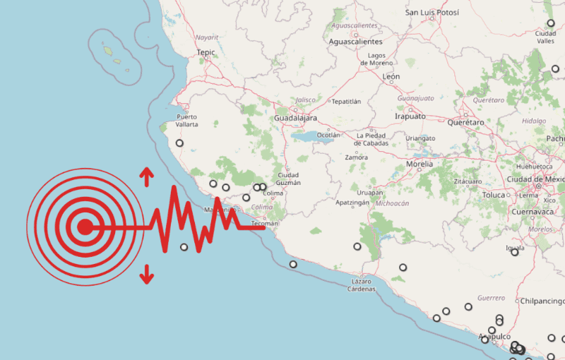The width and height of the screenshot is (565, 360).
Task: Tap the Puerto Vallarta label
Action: point(187,120)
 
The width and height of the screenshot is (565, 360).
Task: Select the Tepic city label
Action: point(206,52)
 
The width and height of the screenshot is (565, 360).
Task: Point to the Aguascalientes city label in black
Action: point(356,42)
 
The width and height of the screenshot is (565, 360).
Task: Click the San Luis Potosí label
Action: point(432,13)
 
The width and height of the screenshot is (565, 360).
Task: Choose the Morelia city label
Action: point(420,164)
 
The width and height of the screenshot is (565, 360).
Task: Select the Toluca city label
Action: point(494,195)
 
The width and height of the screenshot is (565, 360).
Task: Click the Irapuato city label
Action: point(413,116)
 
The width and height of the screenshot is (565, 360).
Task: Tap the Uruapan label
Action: point(370,193)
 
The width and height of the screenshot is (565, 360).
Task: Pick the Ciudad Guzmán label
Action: point(289,179)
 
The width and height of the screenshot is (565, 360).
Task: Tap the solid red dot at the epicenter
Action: point(85,227)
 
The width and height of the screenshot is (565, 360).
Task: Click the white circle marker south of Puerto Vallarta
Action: point(179,143)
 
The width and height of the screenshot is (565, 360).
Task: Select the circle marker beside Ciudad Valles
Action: point(551,23)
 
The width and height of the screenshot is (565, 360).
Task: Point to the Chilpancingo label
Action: point(542,301)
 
